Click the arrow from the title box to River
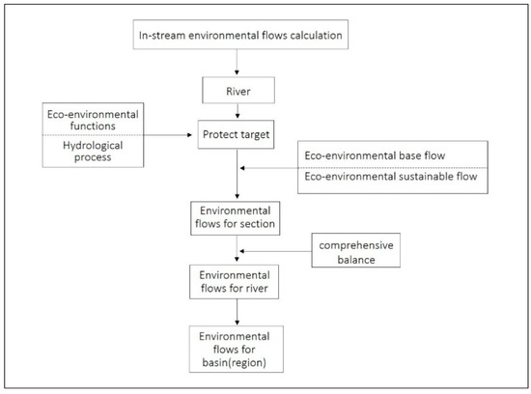pos(238,68)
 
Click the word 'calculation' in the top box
pos(308,39)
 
